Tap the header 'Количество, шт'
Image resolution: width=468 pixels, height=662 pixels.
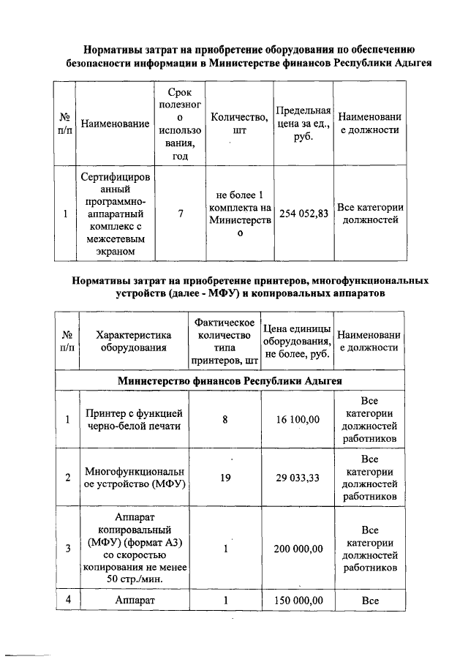click(236, 124)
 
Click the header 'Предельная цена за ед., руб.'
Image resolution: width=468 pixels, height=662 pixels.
click(303, 124)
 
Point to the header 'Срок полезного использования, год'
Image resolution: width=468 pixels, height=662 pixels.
click(180, 124)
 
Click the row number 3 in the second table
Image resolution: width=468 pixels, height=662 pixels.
click(67, 548)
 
